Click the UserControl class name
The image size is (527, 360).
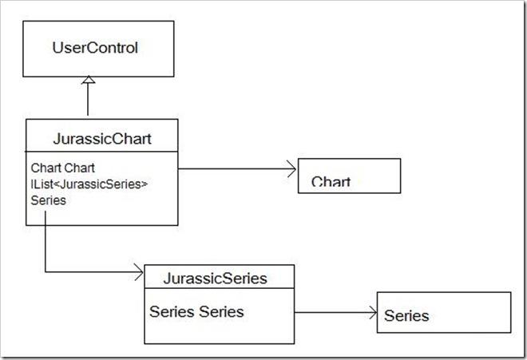tap(95, 48)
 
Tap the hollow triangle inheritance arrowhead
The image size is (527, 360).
tap(88, 80)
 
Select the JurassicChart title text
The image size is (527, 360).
tap(102, 139)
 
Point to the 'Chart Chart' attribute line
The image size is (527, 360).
tap(63, 168)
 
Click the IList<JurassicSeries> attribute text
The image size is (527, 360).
tap(89, 184)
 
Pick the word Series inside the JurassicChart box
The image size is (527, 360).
tap(49, 200)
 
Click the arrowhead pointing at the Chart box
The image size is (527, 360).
tap(291, 168)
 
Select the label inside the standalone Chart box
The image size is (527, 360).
tap(331, 181)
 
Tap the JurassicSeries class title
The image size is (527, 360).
tap(216, 279)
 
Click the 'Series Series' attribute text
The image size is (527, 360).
tap(196, 311)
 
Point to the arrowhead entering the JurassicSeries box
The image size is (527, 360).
tap(139, 271)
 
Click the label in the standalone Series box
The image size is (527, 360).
tap(406, 315)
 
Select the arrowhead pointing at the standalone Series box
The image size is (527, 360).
tap(373, 313)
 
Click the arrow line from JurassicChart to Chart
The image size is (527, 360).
tap(237, 168)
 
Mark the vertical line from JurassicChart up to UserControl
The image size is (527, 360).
tap(88, 100)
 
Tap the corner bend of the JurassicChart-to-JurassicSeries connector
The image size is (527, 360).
tap(46, 271)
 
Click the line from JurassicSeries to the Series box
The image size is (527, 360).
tap(335, 313)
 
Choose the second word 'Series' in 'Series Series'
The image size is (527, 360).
tap(221, 311)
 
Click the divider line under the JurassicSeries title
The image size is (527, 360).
tap(219, 288)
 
